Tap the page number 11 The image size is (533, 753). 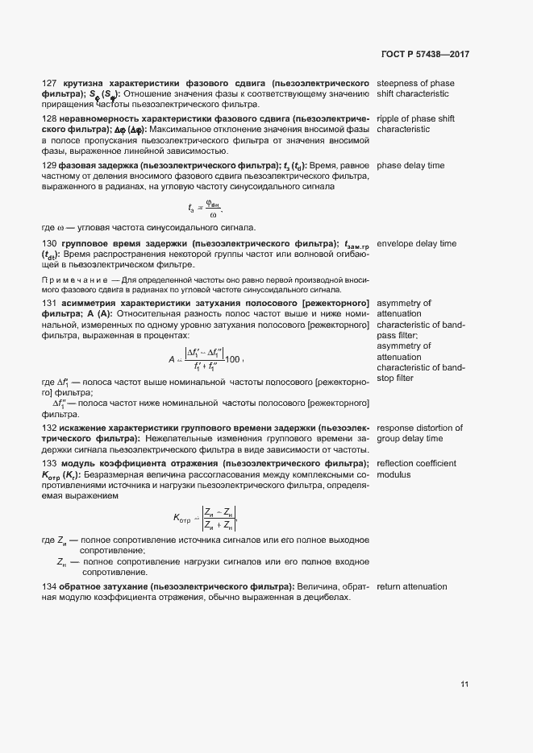464,685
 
